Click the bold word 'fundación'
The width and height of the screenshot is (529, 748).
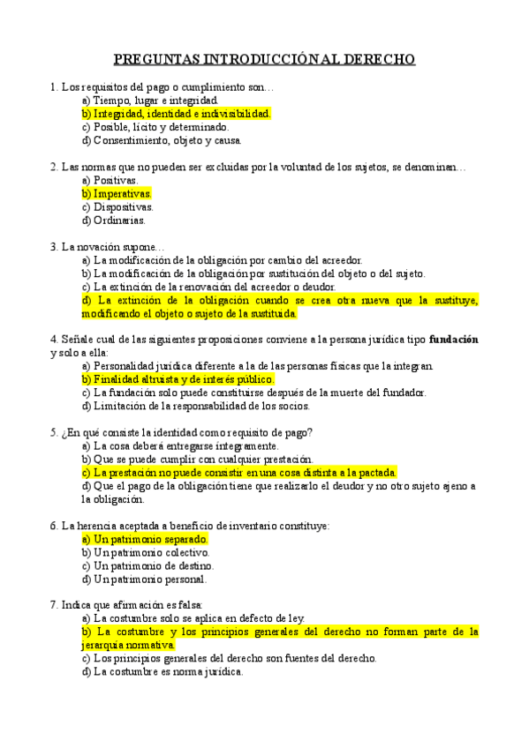click(x=454, y=340)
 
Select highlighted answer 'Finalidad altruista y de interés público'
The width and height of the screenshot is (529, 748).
click(x=184, y=379)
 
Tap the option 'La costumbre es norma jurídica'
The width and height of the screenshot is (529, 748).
click(x=162, y=671)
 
